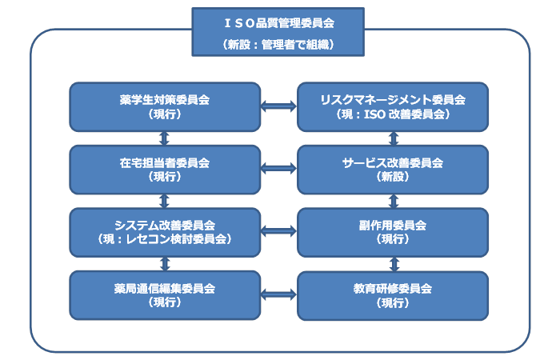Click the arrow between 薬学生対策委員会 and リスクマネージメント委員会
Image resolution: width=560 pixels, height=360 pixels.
click(x=278, y=105)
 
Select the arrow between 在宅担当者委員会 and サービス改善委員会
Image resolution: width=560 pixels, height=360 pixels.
click(x=278, y=168)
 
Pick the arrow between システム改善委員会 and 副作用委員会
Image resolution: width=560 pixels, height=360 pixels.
click(x=278, y=230)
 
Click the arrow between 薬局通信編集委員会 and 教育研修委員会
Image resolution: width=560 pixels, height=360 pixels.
click(x=278, y=294)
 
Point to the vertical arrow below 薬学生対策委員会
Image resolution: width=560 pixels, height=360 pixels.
click(x=165, y=138)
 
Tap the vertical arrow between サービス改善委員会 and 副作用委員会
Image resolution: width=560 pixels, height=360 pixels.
click(x=393, y=200)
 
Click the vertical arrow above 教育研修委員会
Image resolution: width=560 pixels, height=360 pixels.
click(x=393, y=263)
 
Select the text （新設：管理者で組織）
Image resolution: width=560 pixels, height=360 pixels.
click(x=278, y=46)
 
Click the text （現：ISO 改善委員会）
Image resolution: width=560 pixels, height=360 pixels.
click(x=392, y=115)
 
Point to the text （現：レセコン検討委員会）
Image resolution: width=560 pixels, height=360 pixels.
click(x=165, y=239)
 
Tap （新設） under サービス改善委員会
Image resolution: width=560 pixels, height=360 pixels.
click(x=392, y=177)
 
